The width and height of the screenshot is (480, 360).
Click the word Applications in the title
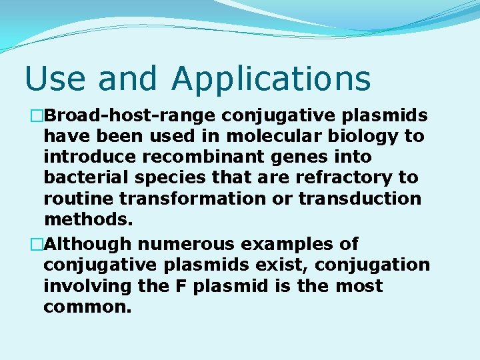tap(271, 79)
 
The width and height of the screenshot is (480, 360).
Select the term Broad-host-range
tap(130, 116)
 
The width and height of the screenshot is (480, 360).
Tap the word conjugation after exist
tap(373, 265)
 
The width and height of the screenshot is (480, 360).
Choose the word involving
tap(88, 286)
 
